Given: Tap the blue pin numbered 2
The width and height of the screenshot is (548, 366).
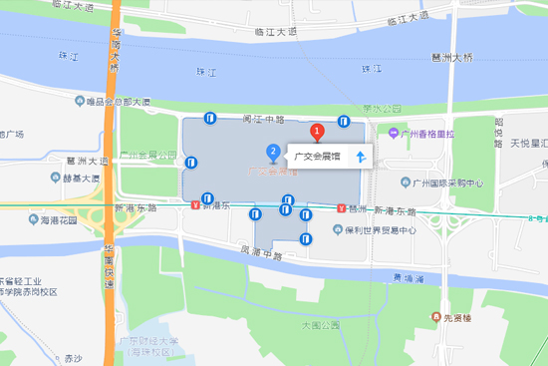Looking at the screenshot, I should pos(273,152).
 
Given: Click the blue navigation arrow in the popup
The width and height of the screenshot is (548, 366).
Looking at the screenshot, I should pos(362,155).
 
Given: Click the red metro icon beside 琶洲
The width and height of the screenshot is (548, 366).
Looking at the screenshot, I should pos(342,208).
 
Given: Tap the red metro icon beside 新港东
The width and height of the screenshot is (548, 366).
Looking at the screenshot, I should pos(194,206).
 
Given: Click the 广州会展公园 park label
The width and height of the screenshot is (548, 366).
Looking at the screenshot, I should pos(146,155).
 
